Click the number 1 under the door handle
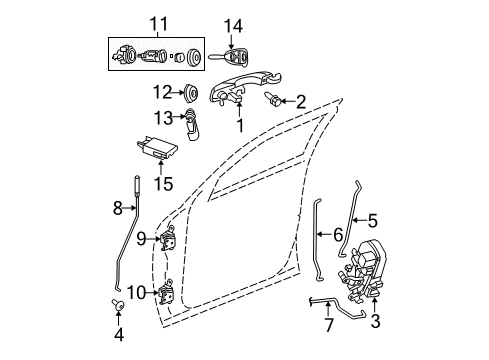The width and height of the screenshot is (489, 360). pyautogui.click(x=239, y=126)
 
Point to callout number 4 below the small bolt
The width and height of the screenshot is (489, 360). pyautogui.click(x=119, y=335)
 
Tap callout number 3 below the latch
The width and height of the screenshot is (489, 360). pyautogui.click(x=375, y=322)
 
